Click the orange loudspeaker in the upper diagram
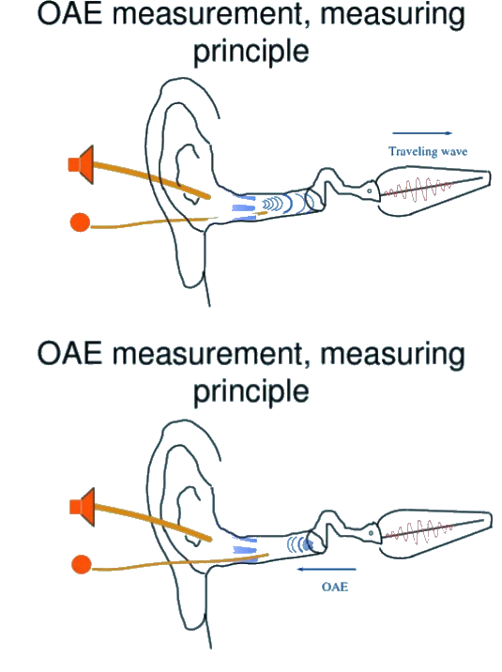click(x=82, y=164)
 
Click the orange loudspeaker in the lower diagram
click(x=83, y=507)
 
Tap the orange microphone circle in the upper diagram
click(x=80, y=222)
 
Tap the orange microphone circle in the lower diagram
click(x=82, y=564)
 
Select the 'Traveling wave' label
click(x=428, y=151)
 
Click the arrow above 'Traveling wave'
click(x=422, y=133)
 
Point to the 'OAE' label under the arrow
click(x=335, y=587)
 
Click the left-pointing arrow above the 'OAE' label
click(x=327, y=569)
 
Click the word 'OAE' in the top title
click(x=70, y=14)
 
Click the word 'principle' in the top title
click(x=251, y=53)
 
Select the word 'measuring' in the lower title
click(x=392, y=356)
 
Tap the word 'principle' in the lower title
click(x=251, y=392)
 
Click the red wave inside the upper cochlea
click(x=418, y=190)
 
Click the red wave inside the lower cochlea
click(x=419, y=531)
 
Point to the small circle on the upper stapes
click(x=369, y=191)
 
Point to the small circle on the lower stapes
click(x=371, y=533)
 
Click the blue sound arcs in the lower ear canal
click(x=300, y=544)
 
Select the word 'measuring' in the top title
click(x=392, y=15)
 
